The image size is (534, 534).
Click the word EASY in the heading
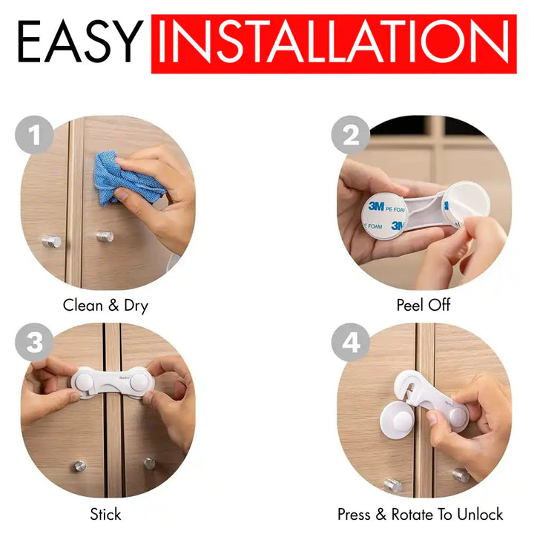coord(80,42)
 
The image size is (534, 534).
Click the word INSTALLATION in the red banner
coord(334,42)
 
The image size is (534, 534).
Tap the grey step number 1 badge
coord(34,135)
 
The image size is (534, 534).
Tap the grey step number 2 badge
coord(351,135)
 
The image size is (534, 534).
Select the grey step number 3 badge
coord(34,342)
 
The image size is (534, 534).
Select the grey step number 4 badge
coord(351,342)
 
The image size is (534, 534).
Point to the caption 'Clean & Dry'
coord(105,306)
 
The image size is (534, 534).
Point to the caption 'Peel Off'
coord(423,305)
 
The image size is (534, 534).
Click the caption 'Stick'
coord(105,514)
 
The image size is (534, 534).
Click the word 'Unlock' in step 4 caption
coord(480,514)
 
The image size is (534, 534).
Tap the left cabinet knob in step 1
coord(52,241)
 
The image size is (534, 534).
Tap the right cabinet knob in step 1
coord(105,236)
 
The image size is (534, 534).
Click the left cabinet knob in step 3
coord(80,466)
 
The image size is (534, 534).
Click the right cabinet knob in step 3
coord(149,464)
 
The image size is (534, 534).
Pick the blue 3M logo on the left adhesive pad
coord(376,206)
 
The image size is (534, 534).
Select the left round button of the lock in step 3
coord(85,380)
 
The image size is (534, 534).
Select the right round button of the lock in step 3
coord(140,381)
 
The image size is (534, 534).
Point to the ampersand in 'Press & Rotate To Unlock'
coord(381,515)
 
